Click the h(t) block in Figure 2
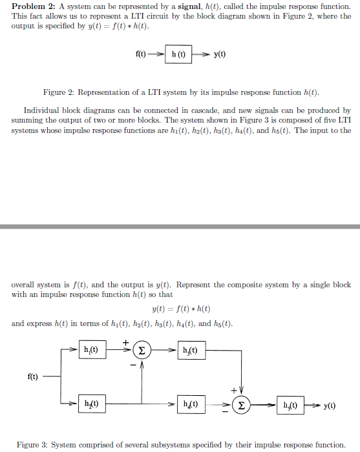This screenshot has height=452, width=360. coord(178,55)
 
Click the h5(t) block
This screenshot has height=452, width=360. coord(290,406)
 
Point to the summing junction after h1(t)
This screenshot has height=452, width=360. coord(142,351)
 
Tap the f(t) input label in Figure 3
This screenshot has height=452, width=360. coord(31,376)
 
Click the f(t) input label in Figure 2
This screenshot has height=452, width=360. coord(140,55)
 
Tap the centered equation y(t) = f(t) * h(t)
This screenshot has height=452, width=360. coord(180,309)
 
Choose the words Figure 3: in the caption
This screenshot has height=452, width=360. coord(31,445)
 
